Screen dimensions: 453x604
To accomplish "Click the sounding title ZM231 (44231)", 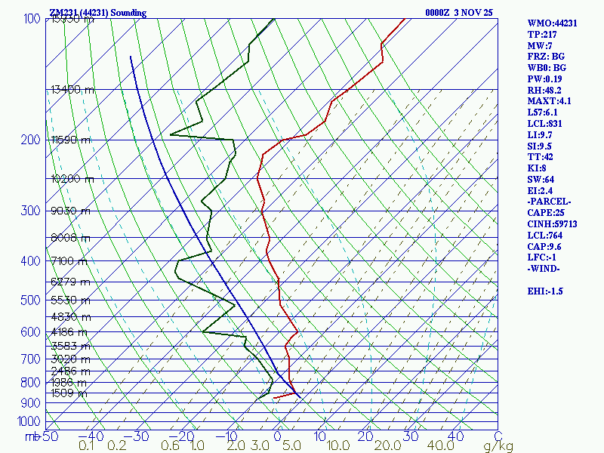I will click(x=98, y=13).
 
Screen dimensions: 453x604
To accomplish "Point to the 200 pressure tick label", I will click(x=32, y=140).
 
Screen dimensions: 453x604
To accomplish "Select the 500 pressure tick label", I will click(x=32, y=300).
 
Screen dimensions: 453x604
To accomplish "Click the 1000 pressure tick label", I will click(x=29, y=421).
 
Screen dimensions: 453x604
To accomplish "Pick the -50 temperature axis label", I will click(x=48, y=436).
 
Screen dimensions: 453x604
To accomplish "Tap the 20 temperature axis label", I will click(x=366, y=436).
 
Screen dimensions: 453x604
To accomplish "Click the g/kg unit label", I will click(x=498, y=446).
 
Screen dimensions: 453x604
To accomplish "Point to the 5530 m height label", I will click(x=69, y=300).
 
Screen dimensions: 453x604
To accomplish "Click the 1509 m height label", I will click(x=69, y=393).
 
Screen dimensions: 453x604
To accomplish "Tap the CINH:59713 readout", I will click(x=555, y=223).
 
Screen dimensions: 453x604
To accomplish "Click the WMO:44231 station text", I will click(x=553, y=23).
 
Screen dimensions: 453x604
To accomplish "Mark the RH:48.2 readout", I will click(x=546, y=90).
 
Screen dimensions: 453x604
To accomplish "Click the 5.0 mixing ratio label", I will click(x=291, y=446).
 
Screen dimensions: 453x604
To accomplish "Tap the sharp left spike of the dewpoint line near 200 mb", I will click(x=172, y=134).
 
